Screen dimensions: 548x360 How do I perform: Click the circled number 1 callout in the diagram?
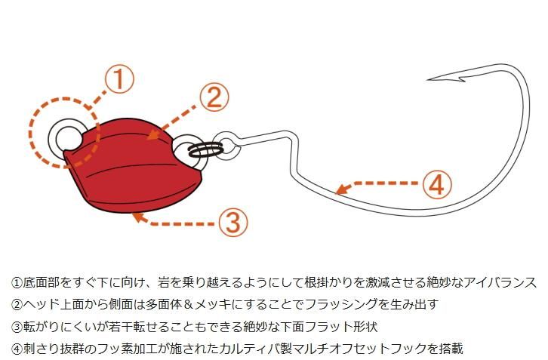119,78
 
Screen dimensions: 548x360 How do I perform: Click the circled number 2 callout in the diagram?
214,97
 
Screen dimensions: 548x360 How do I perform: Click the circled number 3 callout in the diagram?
233,222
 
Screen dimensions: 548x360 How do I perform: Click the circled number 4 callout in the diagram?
437,185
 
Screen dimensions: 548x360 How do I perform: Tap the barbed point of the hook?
429,80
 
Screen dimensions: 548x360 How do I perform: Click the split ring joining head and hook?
205,150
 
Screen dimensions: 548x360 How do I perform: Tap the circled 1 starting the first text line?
16,282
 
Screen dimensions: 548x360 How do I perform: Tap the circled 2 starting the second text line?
16,305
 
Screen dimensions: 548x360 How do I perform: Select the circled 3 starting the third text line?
16,327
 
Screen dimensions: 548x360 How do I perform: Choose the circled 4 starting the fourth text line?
16,349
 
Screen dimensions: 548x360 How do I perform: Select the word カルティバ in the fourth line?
250,349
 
